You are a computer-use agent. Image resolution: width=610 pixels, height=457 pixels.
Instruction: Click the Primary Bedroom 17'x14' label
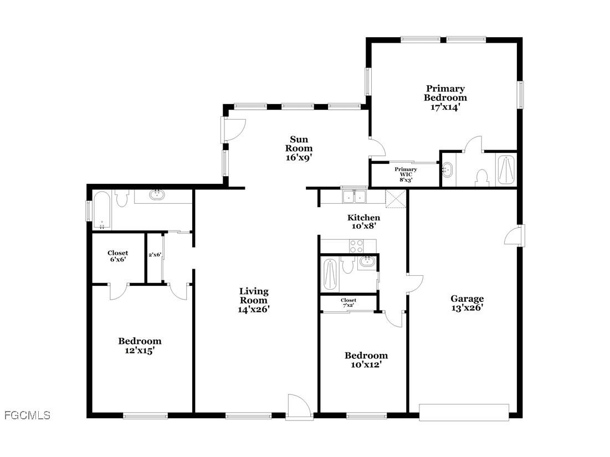445,98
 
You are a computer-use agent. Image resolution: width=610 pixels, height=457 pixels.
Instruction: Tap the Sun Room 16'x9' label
299,148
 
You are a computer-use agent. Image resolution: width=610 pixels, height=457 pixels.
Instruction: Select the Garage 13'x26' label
467,304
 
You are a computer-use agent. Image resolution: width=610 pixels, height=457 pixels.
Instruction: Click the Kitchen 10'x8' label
363,222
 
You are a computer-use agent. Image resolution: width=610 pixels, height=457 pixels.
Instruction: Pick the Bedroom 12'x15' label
140,346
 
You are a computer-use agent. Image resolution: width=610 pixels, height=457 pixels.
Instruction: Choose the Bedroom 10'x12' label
366,360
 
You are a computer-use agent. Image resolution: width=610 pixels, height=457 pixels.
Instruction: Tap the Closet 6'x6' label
117,256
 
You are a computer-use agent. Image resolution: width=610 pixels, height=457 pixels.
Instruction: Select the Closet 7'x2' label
348,302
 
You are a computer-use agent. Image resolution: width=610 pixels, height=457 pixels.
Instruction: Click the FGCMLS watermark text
27,415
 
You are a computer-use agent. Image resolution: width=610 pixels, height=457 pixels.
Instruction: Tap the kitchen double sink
354,196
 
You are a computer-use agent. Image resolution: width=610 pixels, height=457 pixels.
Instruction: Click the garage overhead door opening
464,412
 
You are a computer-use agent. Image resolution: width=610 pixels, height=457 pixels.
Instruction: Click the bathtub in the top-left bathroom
102,210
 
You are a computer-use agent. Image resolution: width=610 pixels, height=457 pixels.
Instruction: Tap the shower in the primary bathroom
506,169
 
